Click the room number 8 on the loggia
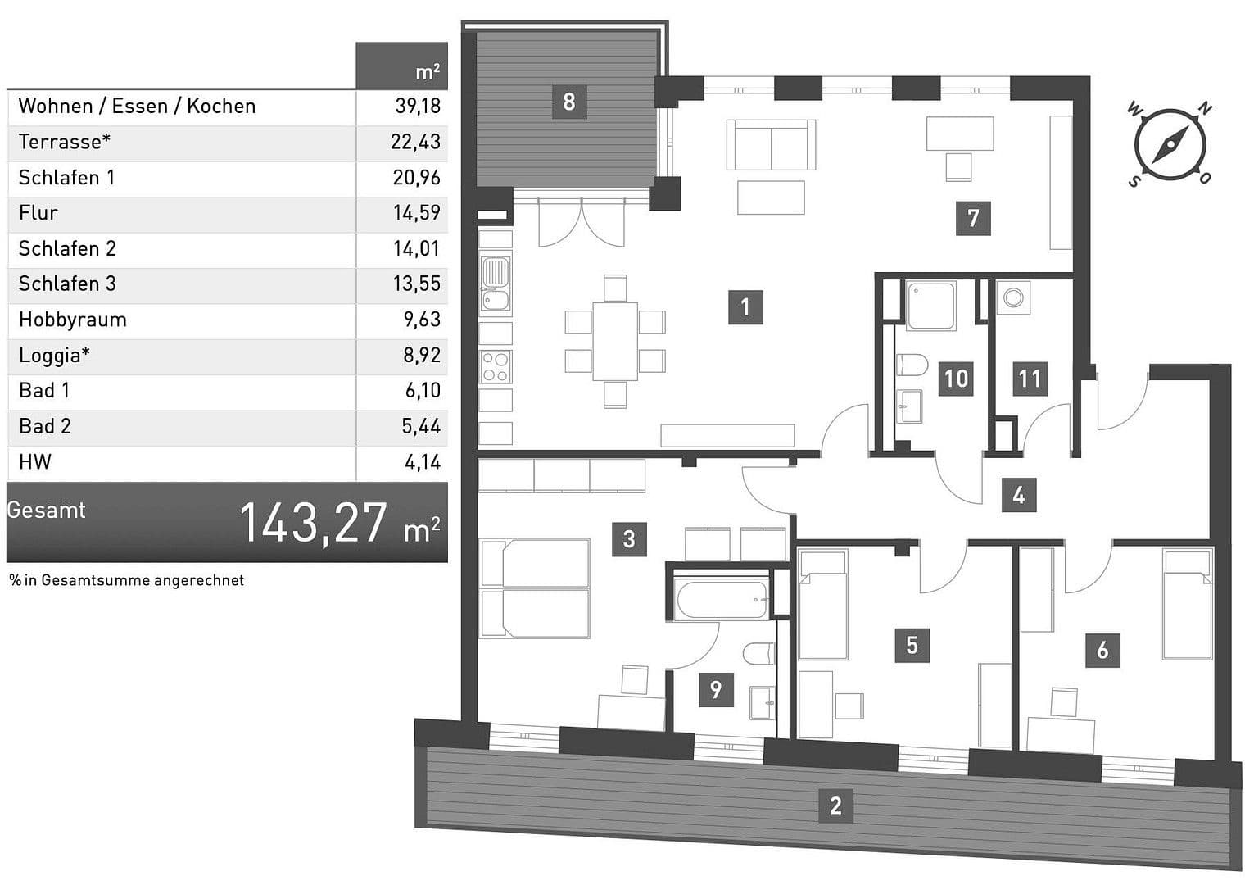(x=568, y=102)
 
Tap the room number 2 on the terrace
(x=835, y=806)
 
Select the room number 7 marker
(x=973, y=218)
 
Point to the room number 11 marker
(x=1030, y=379)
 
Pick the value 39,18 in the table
(x=418, y=107)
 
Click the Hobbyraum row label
(x=73, y=320)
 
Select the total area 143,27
(x=314, y=523)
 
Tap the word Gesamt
(x=47, y=511)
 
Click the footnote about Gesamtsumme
(x=127, y=580)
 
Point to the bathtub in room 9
(x=722, y=600)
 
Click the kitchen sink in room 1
(x=495, y=284)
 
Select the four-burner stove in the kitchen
(x=495, y=366)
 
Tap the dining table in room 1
(x=614, y=341)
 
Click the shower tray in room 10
(x=931, y=306)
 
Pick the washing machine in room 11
(x=1013, y=298)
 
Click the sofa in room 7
(x=771, y=145)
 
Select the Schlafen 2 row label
(x=68, y=248)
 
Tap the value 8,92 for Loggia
(x=422, y=356)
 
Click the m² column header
(x=427, y=72)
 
